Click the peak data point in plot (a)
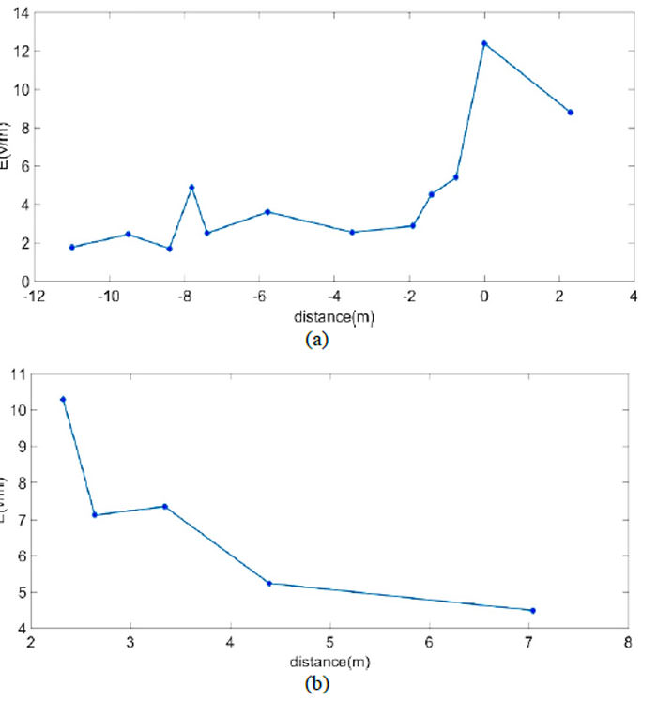click(484, 43)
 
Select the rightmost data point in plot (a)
click(570, 113)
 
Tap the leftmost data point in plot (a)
click(72, 247)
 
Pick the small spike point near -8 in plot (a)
click(191, 187)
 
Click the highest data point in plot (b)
click(63, 399)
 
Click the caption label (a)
click(316, 340)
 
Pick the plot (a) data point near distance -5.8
click(267, 212)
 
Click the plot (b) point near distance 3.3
click(164, 506)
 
